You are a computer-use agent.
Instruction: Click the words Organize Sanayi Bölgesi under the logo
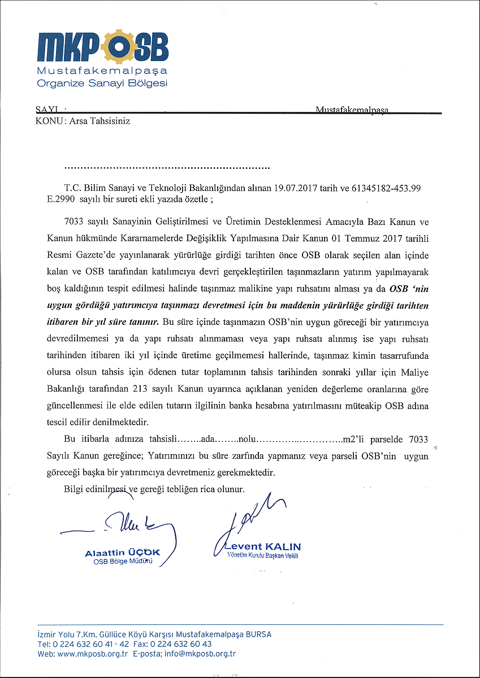point(102,84)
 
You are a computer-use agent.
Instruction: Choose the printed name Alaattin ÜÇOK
point(123,553)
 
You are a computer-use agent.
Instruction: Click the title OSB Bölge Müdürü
point(123,562)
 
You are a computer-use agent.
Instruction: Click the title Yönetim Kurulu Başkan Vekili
point(262,556)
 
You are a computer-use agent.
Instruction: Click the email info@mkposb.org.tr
point(200,654)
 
